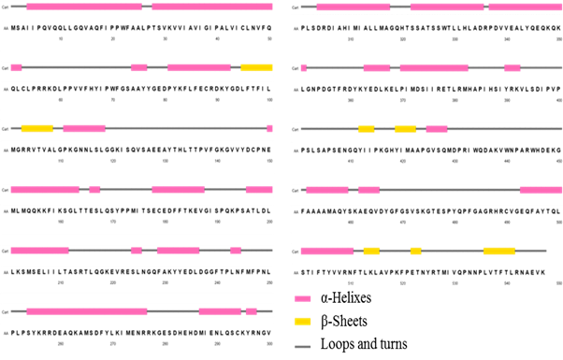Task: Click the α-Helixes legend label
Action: click(x=346, y=299)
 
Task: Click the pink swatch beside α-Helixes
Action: click(x=303, y=299)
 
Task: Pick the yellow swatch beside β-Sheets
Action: click(x=303, y=322)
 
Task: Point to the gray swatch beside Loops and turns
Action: click(x=303, y=345)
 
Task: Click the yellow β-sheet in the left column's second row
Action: click(x=256, y=67)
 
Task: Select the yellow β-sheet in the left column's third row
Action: click(x=36, y=128)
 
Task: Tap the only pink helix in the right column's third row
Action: click(x=437, y=128)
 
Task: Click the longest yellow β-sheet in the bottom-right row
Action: click(x=498, y=251)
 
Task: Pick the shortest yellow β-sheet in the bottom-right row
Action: click(x=415, y=251)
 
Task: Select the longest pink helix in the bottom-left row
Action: click(x=86, y=311)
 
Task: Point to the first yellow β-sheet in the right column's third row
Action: click(x=366, y=128)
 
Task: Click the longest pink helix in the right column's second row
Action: click(x=434, y=67)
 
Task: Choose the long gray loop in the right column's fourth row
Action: click(x=449, y=190)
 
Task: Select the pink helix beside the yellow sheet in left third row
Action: click(x=84, y=128)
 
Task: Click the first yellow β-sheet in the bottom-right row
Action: click(x=371, y=251)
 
